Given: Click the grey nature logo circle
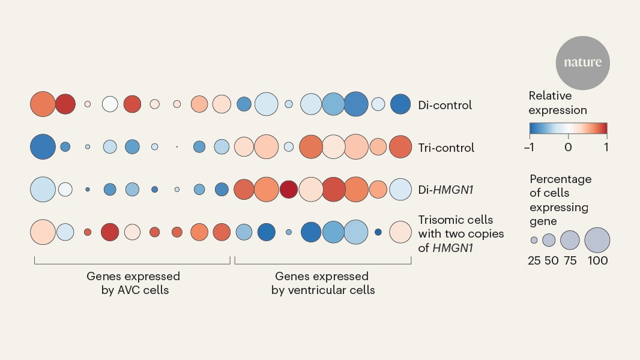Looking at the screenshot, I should point(582,63).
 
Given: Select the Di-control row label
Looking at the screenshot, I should point(445,105).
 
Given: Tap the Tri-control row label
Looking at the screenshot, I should point(446,148).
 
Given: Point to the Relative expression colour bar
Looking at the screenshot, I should point(568,128).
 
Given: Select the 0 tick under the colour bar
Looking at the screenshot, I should point(568,147).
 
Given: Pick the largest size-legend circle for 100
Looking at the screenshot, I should point(597,240).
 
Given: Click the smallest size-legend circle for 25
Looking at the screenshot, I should point(534,240).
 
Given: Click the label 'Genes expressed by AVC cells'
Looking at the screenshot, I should point(133,283).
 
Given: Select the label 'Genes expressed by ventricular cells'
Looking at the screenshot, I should point(322,283).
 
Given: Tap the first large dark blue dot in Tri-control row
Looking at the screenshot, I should point(43,147).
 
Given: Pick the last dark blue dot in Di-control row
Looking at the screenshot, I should point(400,104).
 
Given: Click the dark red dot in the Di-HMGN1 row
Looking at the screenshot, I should point(288,189).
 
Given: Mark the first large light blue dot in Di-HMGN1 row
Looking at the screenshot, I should point(43,189).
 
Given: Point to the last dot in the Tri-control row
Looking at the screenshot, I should point(400,147).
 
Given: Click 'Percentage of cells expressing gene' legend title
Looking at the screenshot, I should point(560,200).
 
